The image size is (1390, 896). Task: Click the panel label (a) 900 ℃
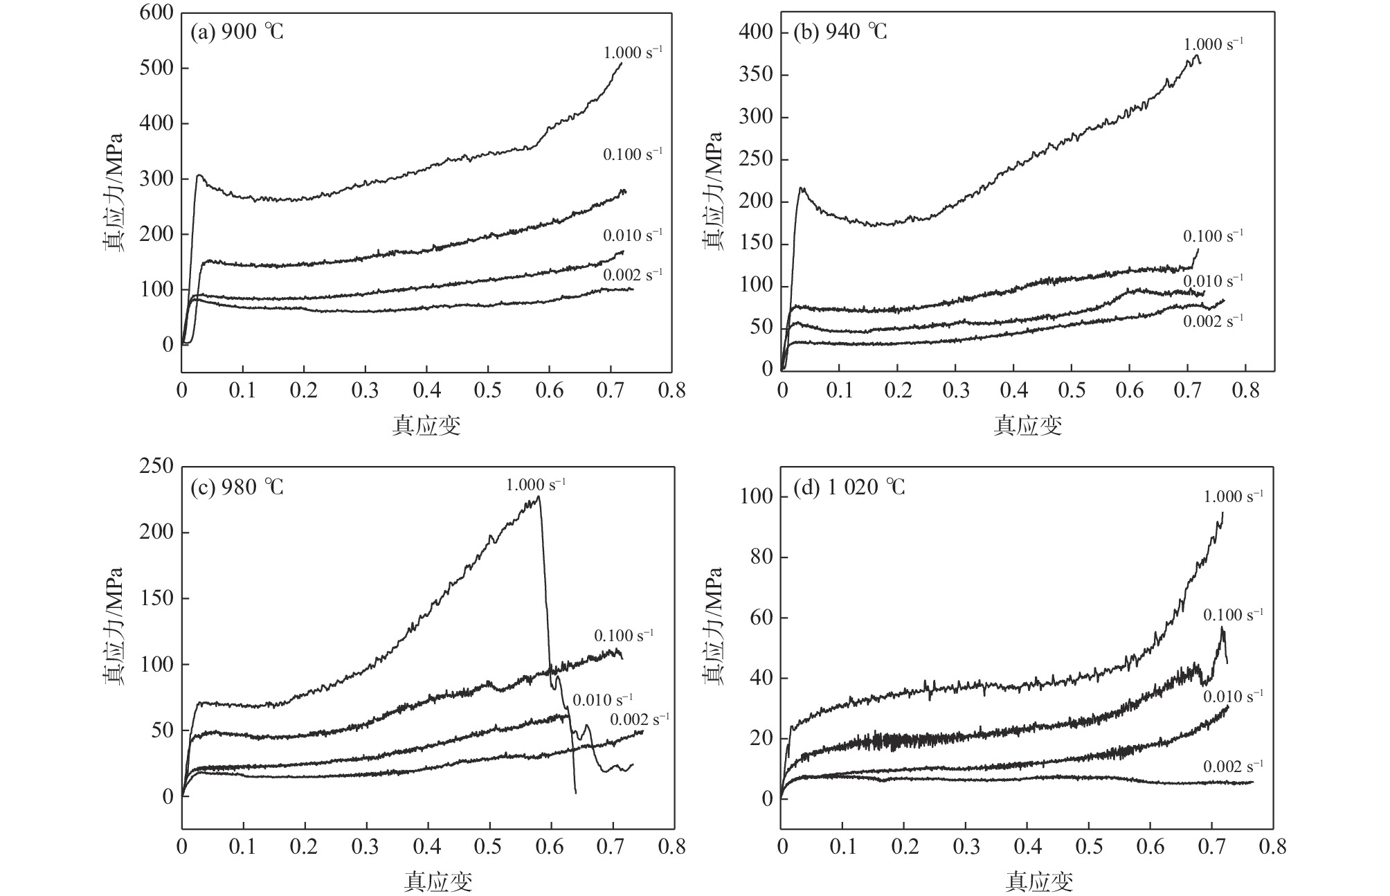(237, 33)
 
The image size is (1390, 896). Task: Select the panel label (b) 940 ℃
(840, 32)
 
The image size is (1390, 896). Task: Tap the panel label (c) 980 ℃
(237, 487)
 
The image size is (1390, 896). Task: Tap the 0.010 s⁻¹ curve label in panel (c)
(603, 701)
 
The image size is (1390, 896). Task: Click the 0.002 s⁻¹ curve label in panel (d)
(1233, 767)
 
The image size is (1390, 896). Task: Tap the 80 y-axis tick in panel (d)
(761, 557)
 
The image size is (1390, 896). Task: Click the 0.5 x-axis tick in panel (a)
(488, 391)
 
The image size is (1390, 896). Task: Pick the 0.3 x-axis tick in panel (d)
(966, 846)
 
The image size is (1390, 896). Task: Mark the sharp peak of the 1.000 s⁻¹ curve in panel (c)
(539, 496)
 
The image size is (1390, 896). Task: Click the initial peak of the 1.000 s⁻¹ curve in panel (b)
(802, 188)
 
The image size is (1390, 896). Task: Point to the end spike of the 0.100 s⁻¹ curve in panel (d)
(1222, 627)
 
